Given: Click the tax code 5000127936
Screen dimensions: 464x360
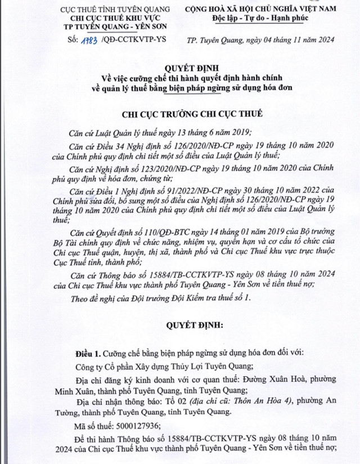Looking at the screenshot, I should (x=135, y=427).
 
